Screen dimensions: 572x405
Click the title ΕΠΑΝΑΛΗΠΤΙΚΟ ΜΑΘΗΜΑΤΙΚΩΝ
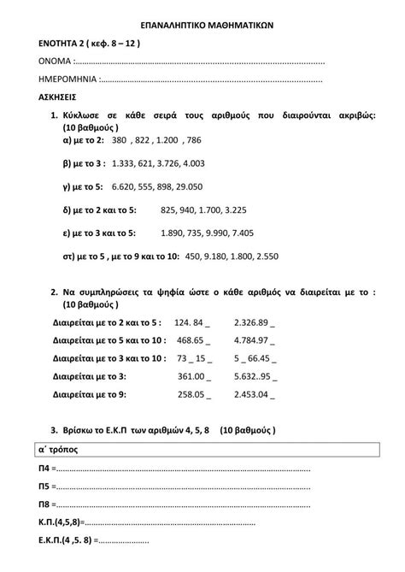tap(202, 27)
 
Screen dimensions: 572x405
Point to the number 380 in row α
tap(119, 139)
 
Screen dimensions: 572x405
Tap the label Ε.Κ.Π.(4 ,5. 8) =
tap(70, 540)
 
